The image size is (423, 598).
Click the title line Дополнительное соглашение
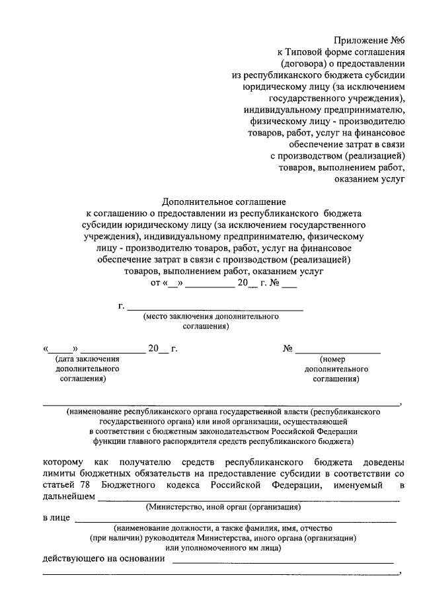[x=224, y=202]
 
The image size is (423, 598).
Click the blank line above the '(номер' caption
[x=338, y=354]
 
